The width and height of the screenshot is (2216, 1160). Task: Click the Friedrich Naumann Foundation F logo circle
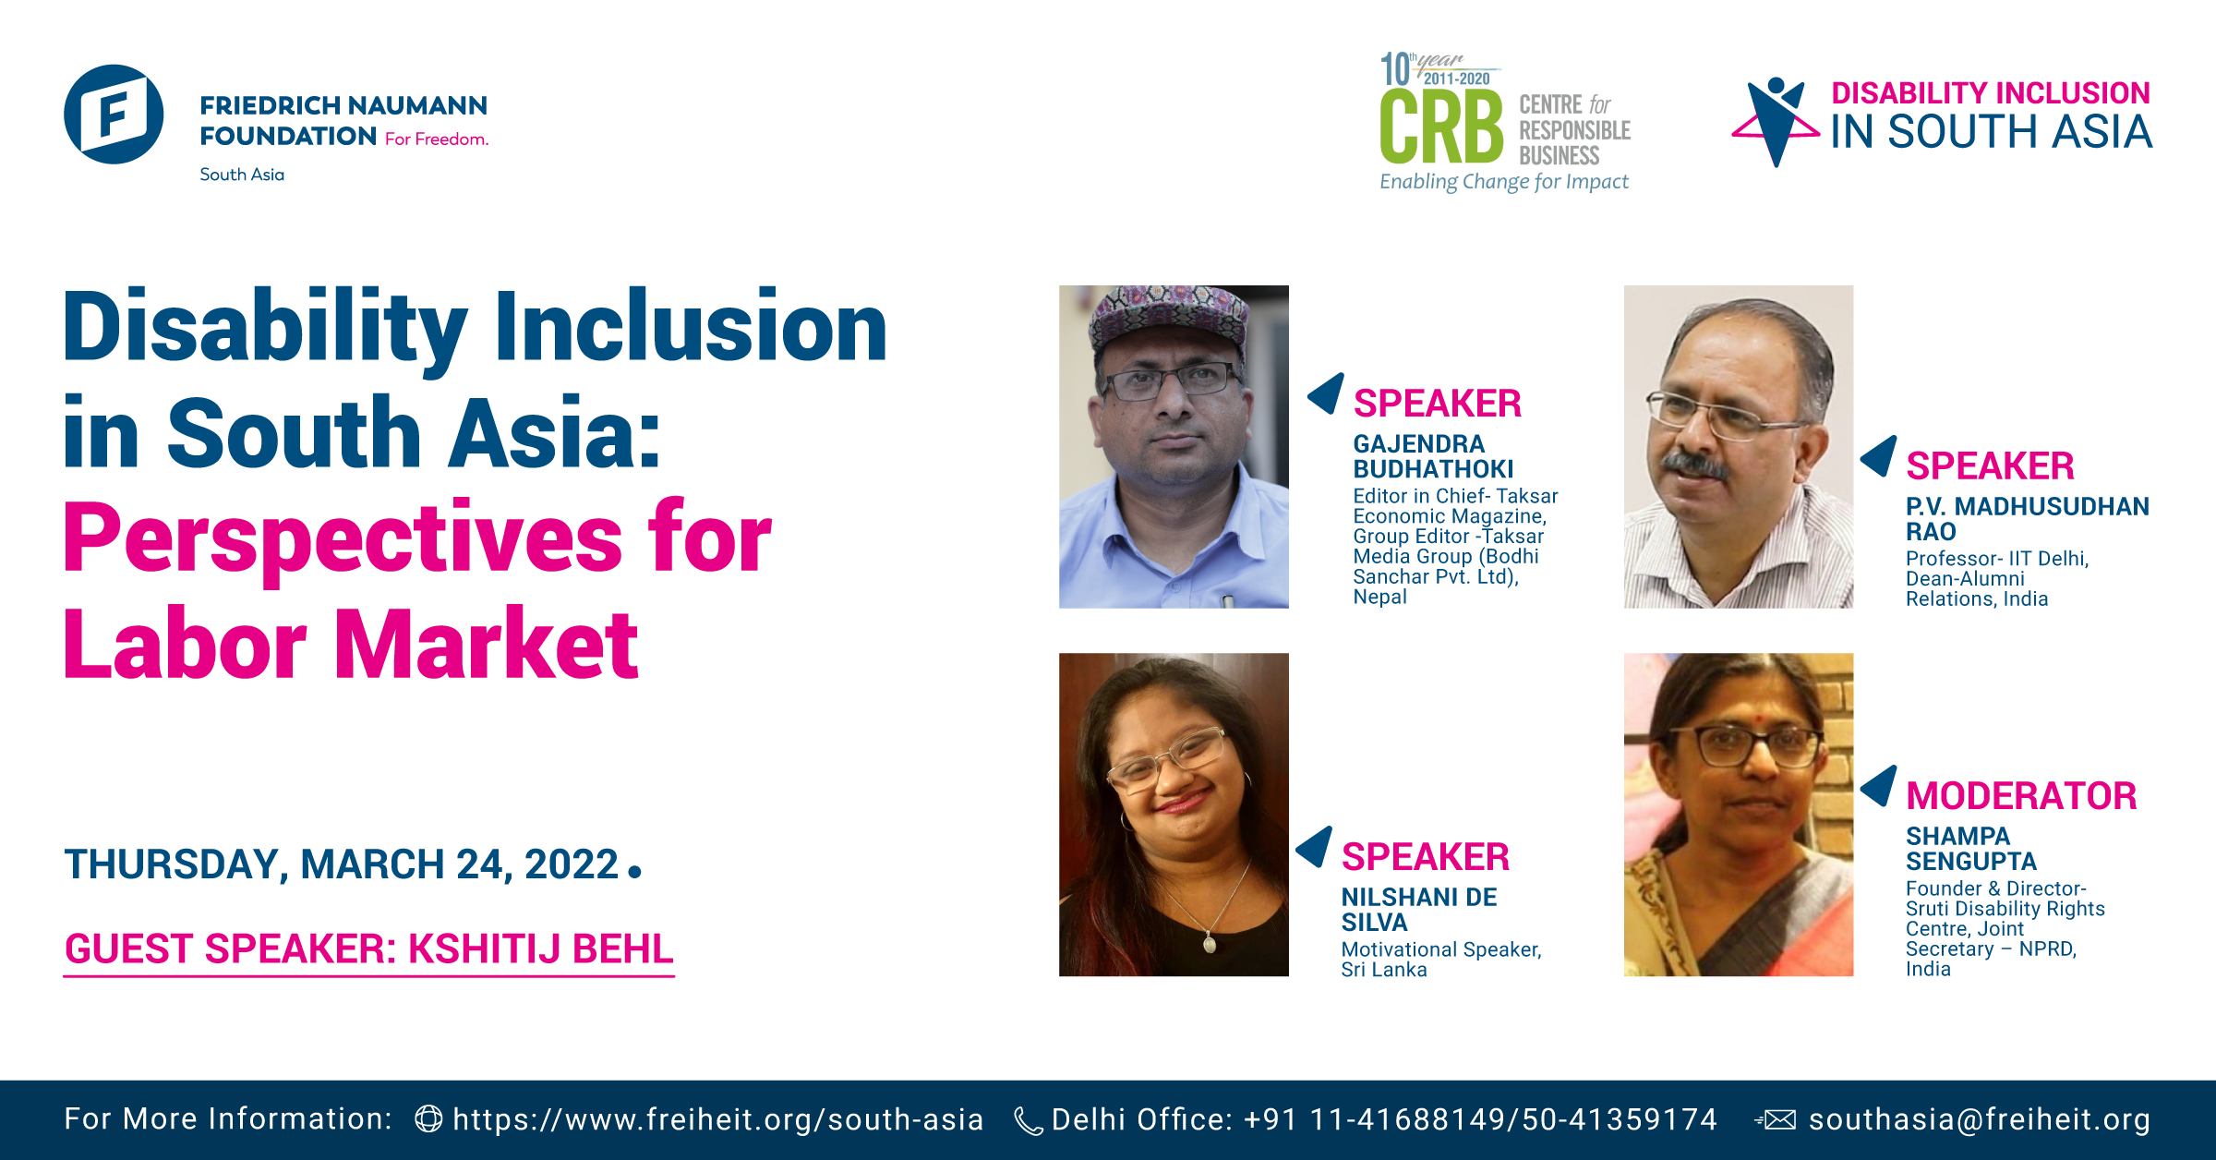pyautogui.click(x=114, y=115)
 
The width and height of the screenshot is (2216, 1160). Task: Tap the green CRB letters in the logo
pyautogui.click(x=1441, y=127)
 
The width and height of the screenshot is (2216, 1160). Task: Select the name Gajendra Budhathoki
pyautogui.click(x=1433, y=456)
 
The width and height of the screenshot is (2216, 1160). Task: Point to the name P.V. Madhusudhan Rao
pyautogui.click(x=2028, y=519)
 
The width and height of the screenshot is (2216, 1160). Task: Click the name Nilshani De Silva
pyautogui.click(x=1419, y=910)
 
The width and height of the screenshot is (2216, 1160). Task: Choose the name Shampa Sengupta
pyautogui.click(x=1971, y=849)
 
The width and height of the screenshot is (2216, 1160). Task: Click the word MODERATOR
pyautogui.click(x=2021, y=796)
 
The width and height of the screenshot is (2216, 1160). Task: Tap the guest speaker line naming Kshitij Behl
pyautogui.click(x=369, y=949)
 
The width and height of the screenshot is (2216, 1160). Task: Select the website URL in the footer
pyautogui.click(x=717, y=1119)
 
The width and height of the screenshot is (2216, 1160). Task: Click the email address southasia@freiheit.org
pyautogui.click(x=1980, y=1119)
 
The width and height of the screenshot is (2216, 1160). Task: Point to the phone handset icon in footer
pyautogui.click(x=1029, y=1121)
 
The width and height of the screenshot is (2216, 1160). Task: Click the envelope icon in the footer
pyautogui.click(x=1776, y=1120)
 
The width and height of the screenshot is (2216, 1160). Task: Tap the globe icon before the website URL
pyautogui.click(x=428, y=1119)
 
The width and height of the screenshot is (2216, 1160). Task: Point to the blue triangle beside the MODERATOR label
pyautogui.click(x=1882, y=786)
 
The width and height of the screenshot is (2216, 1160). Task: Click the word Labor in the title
pyautogui.click(x=185, y=645)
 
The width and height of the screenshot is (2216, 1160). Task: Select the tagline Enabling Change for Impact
pyautogui.click(x=1504, y=182)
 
